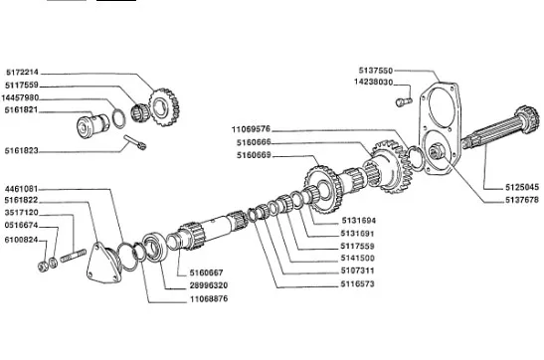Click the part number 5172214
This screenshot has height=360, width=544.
click(x=22, y=73)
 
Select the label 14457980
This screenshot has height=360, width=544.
click(x=20, y=97)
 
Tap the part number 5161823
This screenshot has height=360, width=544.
click(x=21, y=151)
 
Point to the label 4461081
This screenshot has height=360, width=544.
click(x=21, y=189)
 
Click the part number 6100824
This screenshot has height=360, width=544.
click(x=21, y=240)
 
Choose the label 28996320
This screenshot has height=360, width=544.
click(x=209, y=285)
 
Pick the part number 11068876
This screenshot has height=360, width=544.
click(x=209, y=298)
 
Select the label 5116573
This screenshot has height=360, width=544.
click(x=358, y=284)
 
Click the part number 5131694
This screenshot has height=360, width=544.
click(x=359, y=221)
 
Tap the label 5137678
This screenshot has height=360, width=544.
click(x=522, y=200)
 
